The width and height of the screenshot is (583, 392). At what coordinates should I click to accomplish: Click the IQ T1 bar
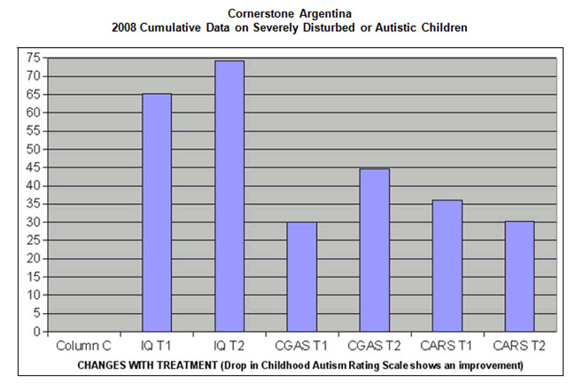tap(157, 213)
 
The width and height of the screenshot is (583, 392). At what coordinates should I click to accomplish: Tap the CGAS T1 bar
tap(302, 277)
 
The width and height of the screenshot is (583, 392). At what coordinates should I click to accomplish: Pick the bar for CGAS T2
tap(375, 250)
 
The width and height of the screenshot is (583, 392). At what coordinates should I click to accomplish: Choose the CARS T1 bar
tap(447, 266)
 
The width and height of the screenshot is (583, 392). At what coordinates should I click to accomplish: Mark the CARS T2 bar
tap(520, 277)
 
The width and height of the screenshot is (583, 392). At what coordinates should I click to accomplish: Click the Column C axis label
tap(84, 343)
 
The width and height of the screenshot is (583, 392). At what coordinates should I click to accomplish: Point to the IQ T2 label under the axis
tap(229, 343)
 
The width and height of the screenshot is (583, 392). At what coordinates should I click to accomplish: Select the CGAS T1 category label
tap(302, 343)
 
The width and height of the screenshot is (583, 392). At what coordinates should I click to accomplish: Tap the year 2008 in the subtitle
tap(124, 27)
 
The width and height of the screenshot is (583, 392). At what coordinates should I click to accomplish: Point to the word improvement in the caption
tap(487, 365)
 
